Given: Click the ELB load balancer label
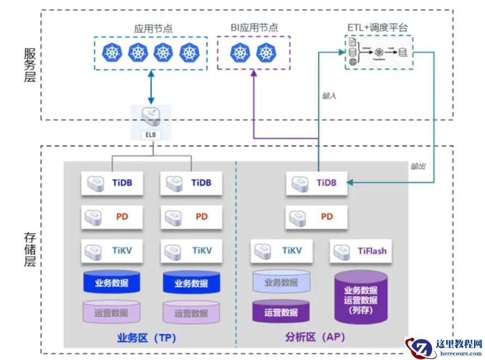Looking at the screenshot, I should pos(150,133).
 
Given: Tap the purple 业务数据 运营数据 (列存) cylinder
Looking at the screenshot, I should pos(361,297).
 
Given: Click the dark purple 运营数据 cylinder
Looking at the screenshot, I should pos(281,312).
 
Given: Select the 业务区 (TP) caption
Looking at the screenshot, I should pos(146,338).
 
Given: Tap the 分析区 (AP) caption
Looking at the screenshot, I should pos(315,338).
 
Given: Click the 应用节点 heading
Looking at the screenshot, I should pos(153,28).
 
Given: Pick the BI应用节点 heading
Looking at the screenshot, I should pos(254,27).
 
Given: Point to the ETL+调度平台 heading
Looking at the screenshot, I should pos(378,27).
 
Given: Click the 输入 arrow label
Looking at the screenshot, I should pos(329,95).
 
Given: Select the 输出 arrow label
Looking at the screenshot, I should pos(419,166).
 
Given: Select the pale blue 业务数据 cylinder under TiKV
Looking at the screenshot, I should pos(281,283).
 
